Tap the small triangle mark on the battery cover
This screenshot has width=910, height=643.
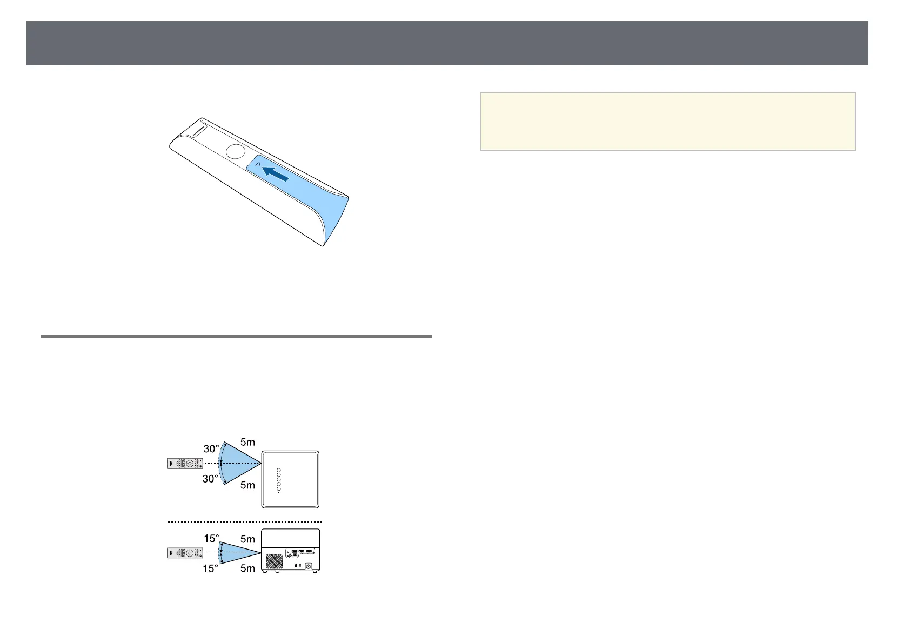point(258,163)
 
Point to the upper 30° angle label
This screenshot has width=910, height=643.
point(211,448)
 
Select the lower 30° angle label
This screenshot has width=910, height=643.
point(211,479)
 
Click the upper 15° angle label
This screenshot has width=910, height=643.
point(211,539)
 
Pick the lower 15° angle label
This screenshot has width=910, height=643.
point(211,568)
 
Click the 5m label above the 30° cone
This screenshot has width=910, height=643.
point(247,442)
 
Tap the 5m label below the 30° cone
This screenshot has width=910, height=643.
point(247,485)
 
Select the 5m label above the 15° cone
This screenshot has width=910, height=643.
point(247,539)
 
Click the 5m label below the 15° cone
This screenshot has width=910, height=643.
point(247,568)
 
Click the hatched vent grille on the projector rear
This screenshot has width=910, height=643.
point(274,561)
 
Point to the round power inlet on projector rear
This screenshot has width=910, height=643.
point(309,566)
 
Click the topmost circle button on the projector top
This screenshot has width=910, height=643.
point(279,470)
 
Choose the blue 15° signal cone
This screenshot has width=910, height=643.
point(240,553)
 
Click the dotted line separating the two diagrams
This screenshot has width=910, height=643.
point(245,522)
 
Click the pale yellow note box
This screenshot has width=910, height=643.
point(667,122)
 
